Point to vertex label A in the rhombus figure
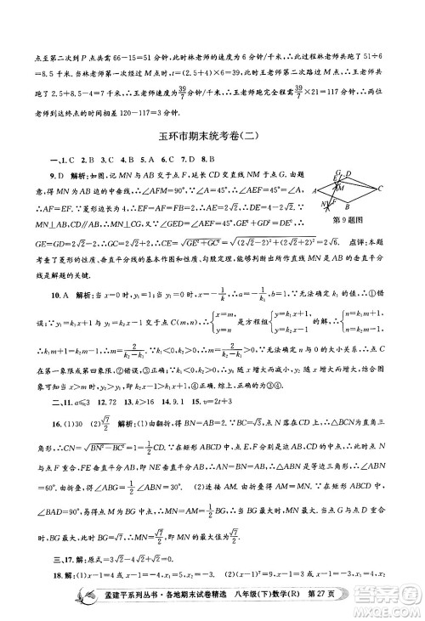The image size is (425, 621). [315, 193]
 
